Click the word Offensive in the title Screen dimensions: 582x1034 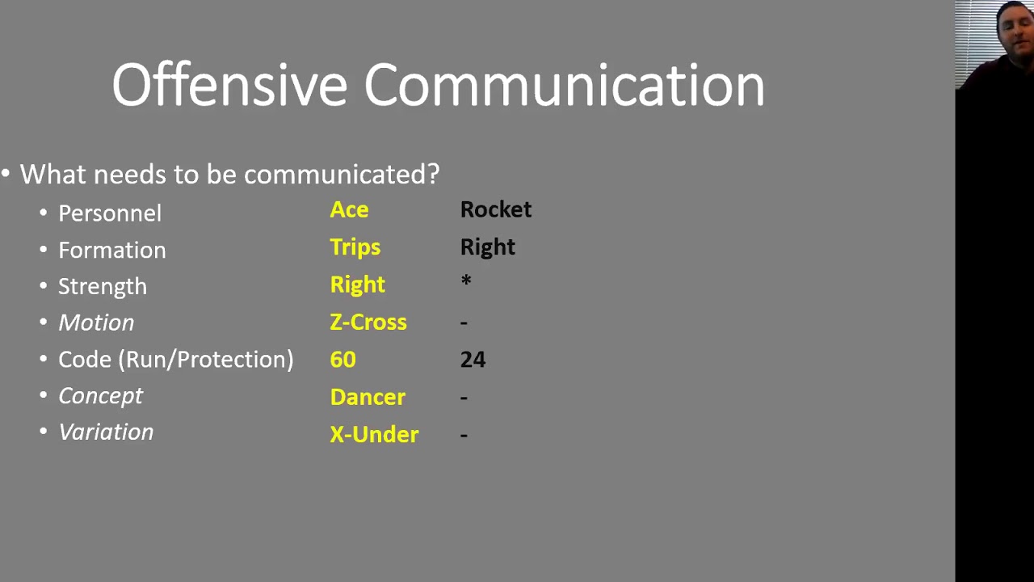pyautogui.click(x=229, y=85)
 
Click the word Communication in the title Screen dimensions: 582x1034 pyautogui.click(x=564, y=85)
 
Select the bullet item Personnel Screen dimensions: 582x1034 pyautogui.click(x=110, y=213)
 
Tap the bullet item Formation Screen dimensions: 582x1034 pyautogui.click(x=111, y=251)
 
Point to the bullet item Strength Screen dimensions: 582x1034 pyautogui.click(x=103, y=287)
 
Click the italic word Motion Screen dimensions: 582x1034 pyautogui.click(x=96, y=323)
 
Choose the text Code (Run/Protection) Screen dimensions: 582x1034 pyautogui.click(x=175, y=360)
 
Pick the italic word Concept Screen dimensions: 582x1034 pyautogui.click(x=100, y=396)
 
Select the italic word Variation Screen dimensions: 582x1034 pyautogui.click(x=106, y=432)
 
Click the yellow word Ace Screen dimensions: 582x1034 pyautogui.click(x=349, y=210)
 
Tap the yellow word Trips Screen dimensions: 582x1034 pyautogui.click(x=355, y=247)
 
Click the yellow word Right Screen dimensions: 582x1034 pyautogui.click(x=357, y=285)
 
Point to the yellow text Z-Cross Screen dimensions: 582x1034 pyautogui.click(x=368, y=322)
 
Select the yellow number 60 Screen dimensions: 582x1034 pyautogui.click(x=343, y=360)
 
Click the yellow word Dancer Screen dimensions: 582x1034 pyautogui.click(x=368, y=397)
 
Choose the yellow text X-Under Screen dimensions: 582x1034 pyautogui.click(x=374, y=435)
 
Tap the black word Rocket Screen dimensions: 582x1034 pyautogui.click(x=495, y=209)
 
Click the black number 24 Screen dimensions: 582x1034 pyautogui.click(x=473, y=360)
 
